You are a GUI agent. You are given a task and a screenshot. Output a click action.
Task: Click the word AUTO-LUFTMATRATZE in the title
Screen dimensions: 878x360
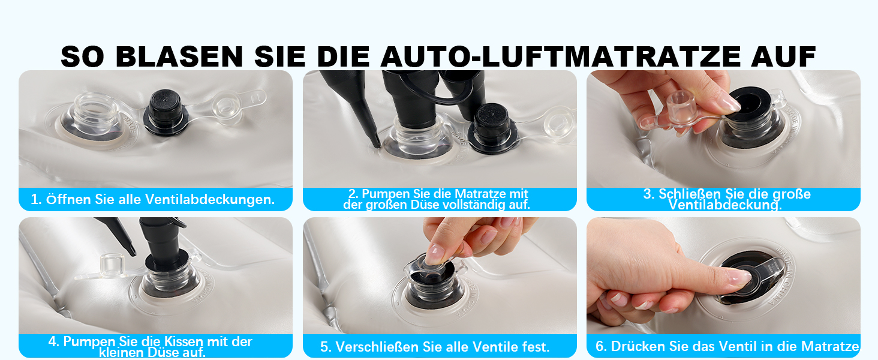tap(561, 56)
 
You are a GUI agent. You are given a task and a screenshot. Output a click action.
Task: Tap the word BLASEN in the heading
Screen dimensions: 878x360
tap(179, 56)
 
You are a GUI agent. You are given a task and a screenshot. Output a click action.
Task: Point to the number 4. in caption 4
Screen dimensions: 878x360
tap(54, 341)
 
